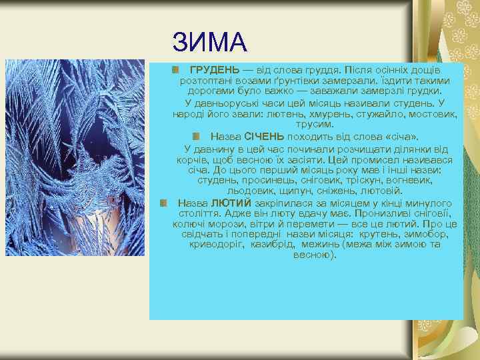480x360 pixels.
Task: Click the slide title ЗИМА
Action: pyautogui.click(x=209, y=43)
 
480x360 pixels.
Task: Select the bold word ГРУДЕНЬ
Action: pyautogui.click(x=214, y=70)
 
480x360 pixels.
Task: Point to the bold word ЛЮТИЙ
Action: pyautogui.click(x=231, y=203)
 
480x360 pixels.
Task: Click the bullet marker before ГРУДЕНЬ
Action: pyautogui.click(x=175, y=70)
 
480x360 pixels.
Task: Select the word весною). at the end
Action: pyautogui.click(x=315, y=255)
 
